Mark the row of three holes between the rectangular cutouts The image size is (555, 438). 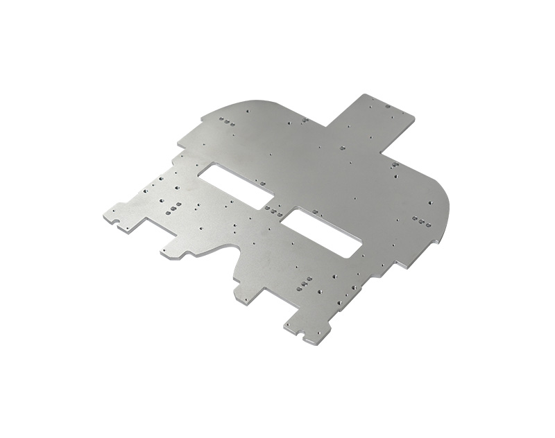[272, 209]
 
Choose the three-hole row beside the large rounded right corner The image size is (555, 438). [418, 220]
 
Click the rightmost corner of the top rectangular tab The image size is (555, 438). [414, 117]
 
